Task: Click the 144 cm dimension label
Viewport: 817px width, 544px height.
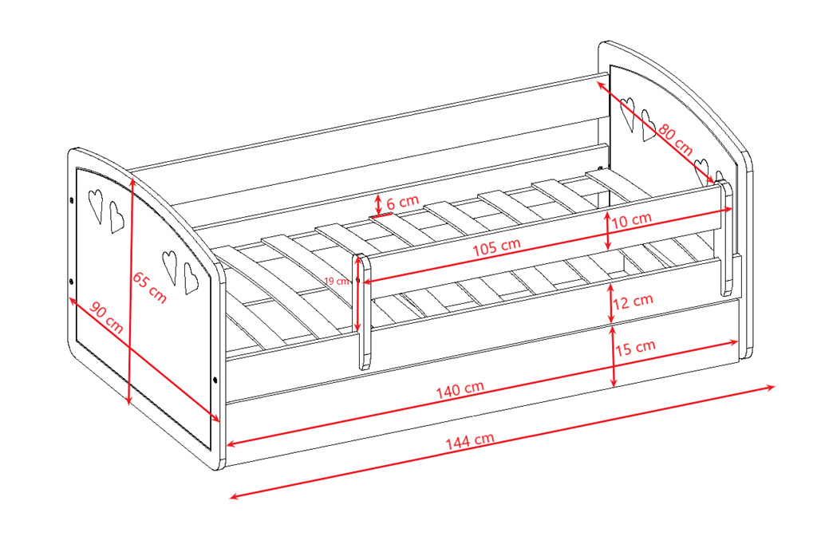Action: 469,441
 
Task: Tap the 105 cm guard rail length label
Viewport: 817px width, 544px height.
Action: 496,247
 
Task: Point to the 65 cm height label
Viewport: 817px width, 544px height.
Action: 149,287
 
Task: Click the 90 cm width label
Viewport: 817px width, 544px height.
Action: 107,317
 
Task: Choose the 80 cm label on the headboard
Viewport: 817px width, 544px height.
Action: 676,139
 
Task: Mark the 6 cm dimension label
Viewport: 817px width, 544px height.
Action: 403,202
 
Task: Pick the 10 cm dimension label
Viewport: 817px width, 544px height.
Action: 631,220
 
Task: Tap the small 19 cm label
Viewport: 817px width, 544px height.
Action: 337,282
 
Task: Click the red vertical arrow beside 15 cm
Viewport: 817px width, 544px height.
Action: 614,357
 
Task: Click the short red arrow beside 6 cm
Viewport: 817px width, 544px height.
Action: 379,203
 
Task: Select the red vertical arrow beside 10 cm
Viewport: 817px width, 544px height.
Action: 607,231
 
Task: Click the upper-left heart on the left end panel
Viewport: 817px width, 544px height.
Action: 96,205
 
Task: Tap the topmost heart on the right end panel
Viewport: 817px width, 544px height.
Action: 628,113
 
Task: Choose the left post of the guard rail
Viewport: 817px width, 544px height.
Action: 363,312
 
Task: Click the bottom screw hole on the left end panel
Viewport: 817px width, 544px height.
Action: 216,380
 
